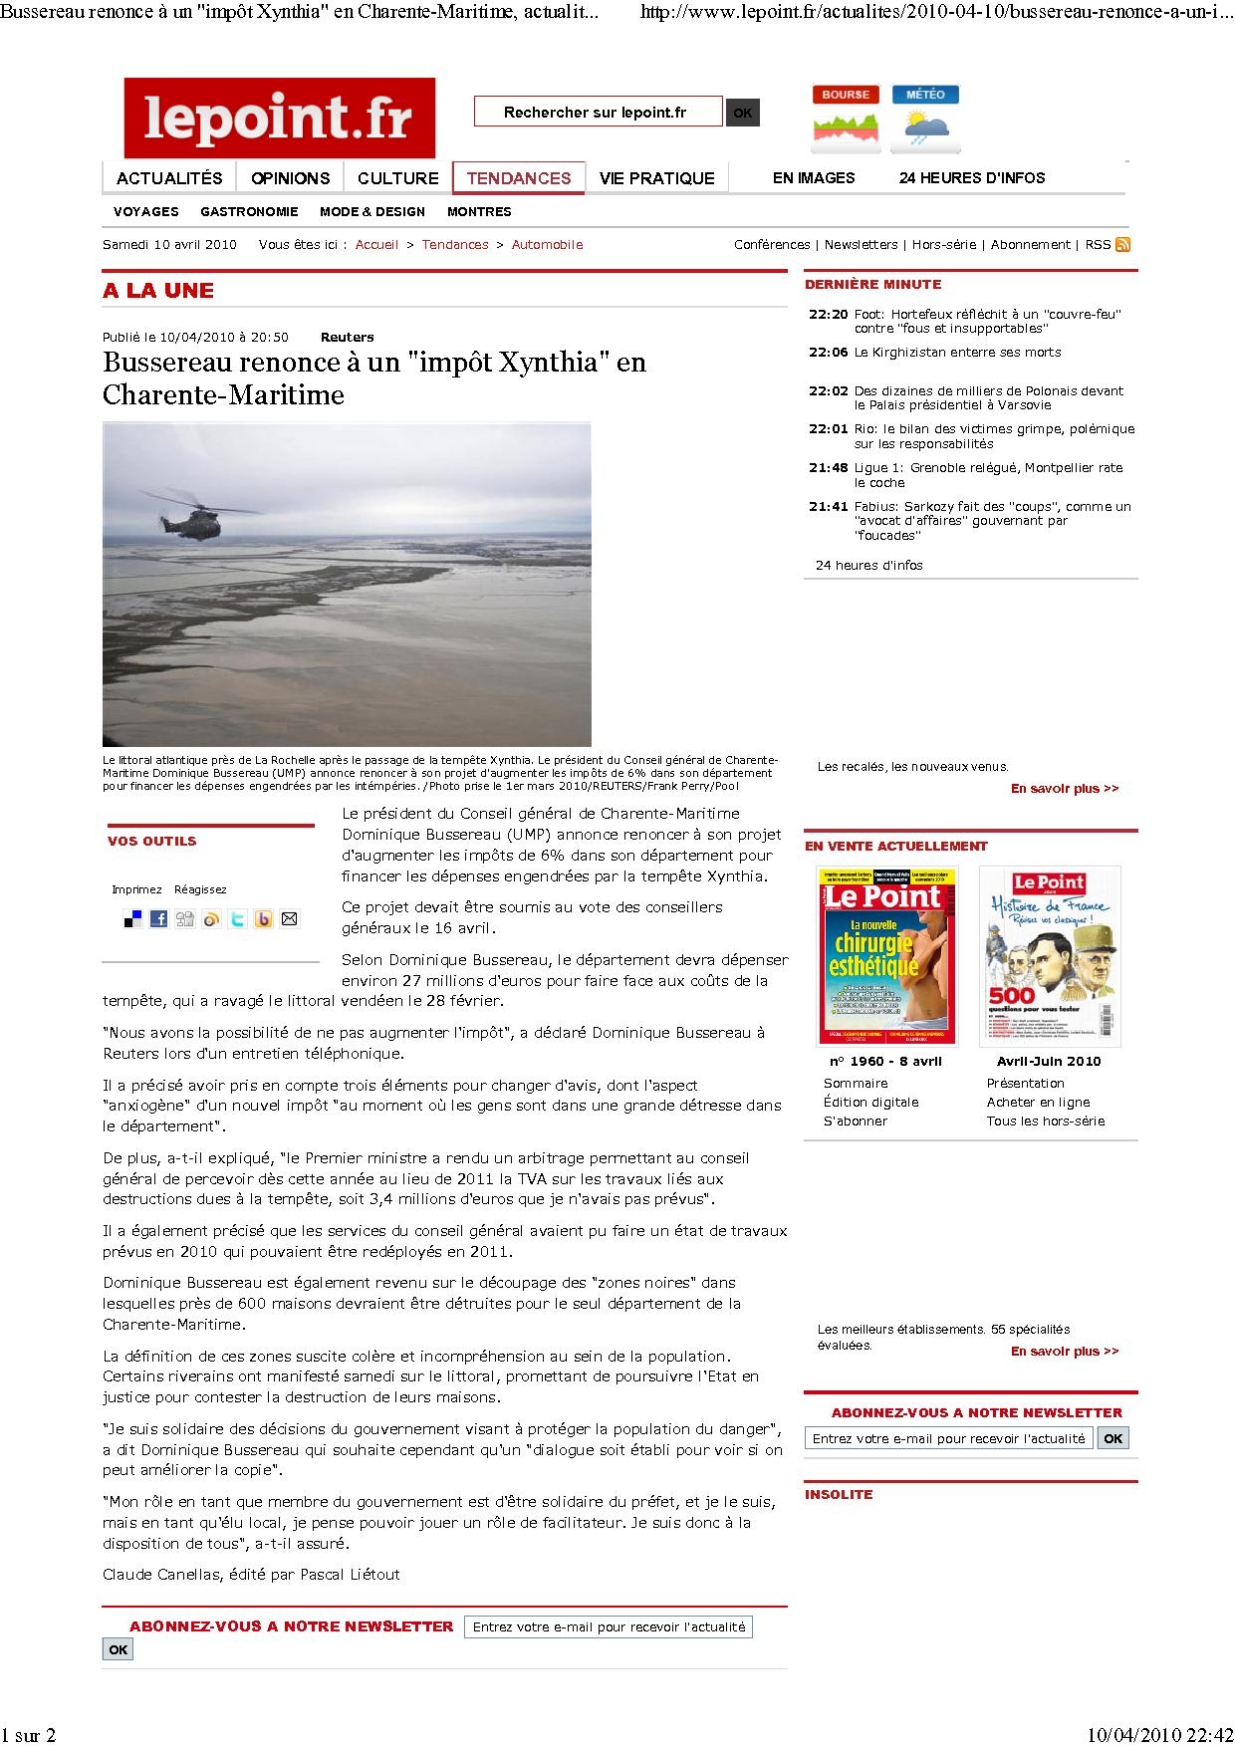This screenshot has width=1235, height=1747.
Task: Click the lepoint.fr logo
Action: [x=279, y=118]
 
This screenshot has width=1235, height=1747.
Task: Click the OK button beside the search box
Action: [x=742, y=113]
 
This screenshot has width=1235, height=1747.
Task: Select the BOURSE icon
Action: [x=846, y=119]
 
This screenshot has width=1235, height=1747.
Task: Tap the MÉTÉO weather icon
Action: [x=925, y=119]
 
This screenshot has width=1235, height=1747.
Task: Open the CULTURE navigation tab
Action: [x=397, y=178]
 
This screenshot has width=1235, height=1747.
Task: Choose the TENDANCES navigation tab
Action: [x=519, y=178]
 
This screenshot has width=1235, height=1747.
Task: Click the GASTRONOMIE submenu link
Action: [x=249, y=211]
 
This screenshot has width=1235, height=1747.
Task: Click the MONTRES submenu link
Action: [x=479, y=211]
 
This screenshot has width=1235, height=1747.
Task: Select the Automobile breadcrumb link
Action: [x=547, y=244]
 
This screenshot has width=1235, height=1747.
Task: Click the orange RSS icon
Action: [x=1122, y=244]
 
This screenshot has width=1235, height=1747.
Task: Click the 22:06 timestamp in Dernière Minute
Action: [x=828, y=352]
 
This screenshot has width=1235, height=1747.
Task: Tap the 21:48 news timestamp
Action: [x=828, y=467]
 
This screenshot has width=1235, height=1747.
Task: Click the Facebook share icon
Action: [x=158, y=919]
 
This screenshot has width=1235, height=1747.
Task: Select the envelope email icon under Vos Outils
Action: [x=289, y=919]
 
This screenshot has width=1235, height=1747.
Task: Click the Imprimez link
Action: [x=136, y=889]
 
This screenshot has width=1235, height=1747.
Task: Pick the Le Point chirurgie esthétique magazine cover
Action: [x=881, y=954]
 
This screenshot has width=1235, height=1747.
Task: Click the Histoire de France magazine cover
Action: [x=1049, y=954]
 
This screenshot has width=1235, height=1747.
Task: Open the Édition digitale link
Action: [x=870, y=1102]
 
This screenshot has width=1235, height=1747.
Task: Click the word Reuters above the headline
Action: [x=347, y=337]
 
